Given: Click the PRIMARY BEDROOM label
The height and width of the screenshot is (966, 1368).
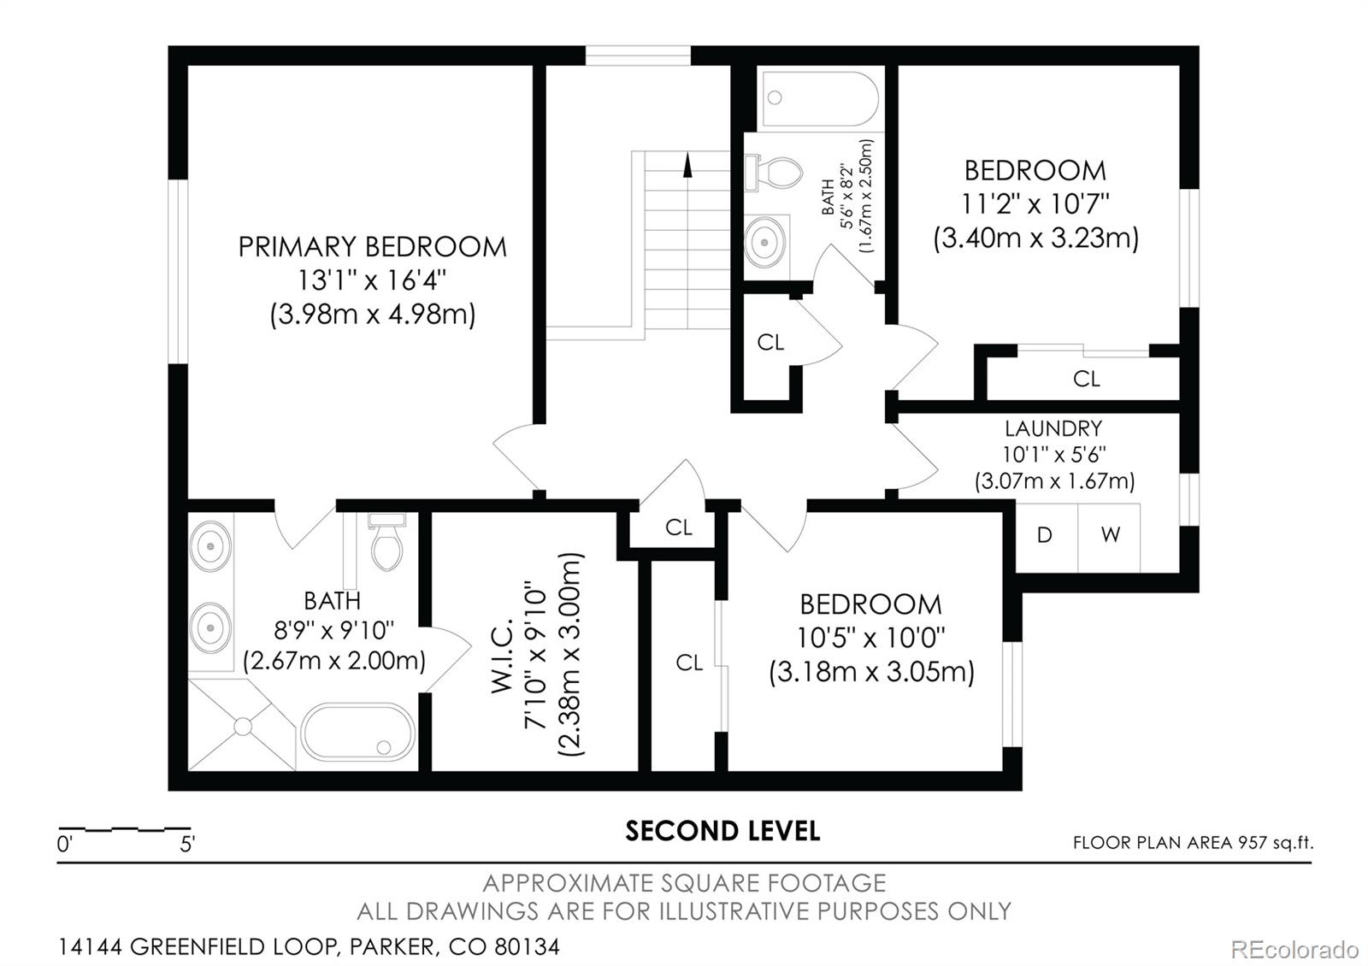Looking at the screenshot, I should (372, 247).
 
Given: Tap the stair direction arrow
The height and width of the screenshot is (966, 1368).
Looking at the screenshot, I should (687, 164).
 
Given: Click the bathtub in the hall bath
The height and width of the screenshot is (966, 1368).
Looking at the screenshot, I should (820, 98).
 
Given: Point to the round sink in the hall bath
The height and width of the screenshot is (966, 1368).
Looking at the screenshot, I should (765, 242).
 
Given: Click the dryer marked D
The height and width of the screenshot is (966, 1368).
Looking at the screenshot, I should (1045, 536).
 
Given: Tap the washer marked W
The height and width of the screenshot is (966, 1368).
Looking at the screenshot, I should (1110, 536).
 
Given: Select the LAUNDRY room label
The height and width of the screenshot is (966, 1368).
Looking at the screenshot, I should (1053, 428).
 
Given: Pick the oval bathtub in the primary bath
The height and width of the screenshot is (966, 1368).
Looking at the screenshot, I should (357, 733).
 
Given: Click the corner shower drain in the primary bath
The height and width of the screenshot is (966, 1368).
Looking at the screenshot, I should (243, 727).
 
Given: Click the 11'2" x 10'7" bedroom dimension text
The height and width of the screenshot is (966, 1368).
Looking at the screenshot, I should (1035, 204).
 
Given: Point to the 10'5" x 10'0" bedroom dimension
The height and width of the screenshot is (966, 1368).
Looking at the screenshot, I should (870, 638).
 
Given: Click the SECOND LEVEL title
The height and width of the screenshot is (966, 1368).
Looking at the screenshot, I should (722, 831).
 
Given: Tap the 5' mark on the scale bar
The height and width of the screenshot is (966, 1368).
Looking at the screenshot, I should (187, 845).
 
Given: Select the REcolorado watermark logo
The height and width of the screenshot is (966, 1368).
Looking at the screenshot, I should (1294, 949).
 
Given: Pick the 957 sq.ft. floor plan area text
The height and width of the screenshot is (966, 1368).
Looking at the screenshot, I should (1275, 843).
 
